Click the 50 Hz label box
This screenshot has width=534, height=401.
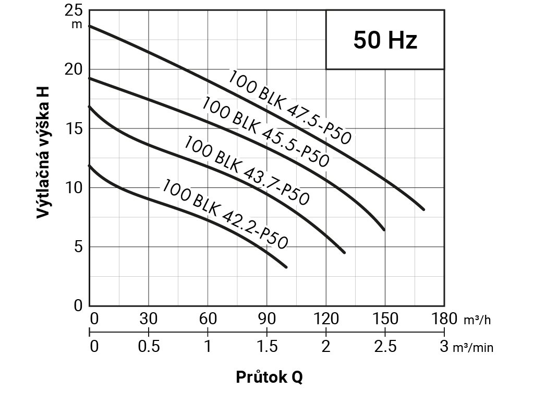click(x=385, y=40)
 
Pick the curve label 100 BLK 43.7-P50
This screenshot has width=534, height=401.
click(x=247, y=170)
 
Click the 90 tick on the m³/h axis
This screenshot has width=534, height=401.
click(x=267, y=319)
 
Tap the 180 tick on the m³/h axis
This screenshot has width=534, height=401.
click(x=444, y=319)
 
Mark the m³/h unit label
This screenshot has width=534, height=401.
click(x=477, y=320)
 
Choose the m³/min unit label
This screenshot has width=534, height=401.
click(x=472, y=348)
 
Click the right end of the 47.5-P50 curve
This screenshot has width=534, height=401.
click(x=423, y=209)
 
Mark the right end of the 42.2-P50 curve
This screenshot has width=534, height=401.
click(x=286, y=267)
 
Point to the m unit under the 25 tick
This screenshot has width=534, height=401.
click(x=77, y=24)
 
